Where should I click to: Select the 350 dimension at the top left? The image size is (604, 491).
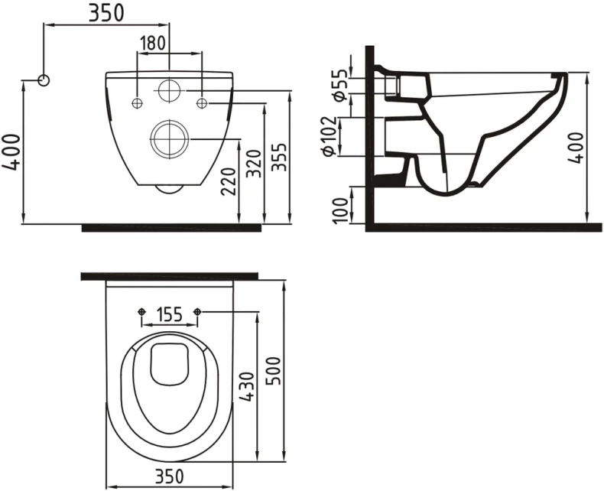pyautogui.click(x=105, y=13)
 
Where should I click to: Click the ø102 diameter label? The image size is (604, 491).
pyautogui.click(x=330, y=135)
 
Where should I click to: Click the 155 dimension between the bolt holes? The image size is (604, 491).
pyautogui.click(x=170, y=314)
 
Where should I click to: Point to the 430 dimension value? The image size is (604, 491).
pyautogui.click(x=246, y=389)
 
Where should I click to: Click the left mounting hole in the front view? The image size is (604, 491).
pyautogui.click(x=137, y=103)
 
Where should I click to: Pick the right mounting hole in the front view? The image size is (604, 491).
pyautogui.click(x=203, y=103)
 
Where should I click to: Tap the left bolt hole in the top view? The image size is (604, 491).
pyautogui.click(x=141, y=312)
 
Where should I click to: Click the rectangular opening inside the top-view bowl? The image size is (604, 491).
pyautogui.click(x=170, y=363)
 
